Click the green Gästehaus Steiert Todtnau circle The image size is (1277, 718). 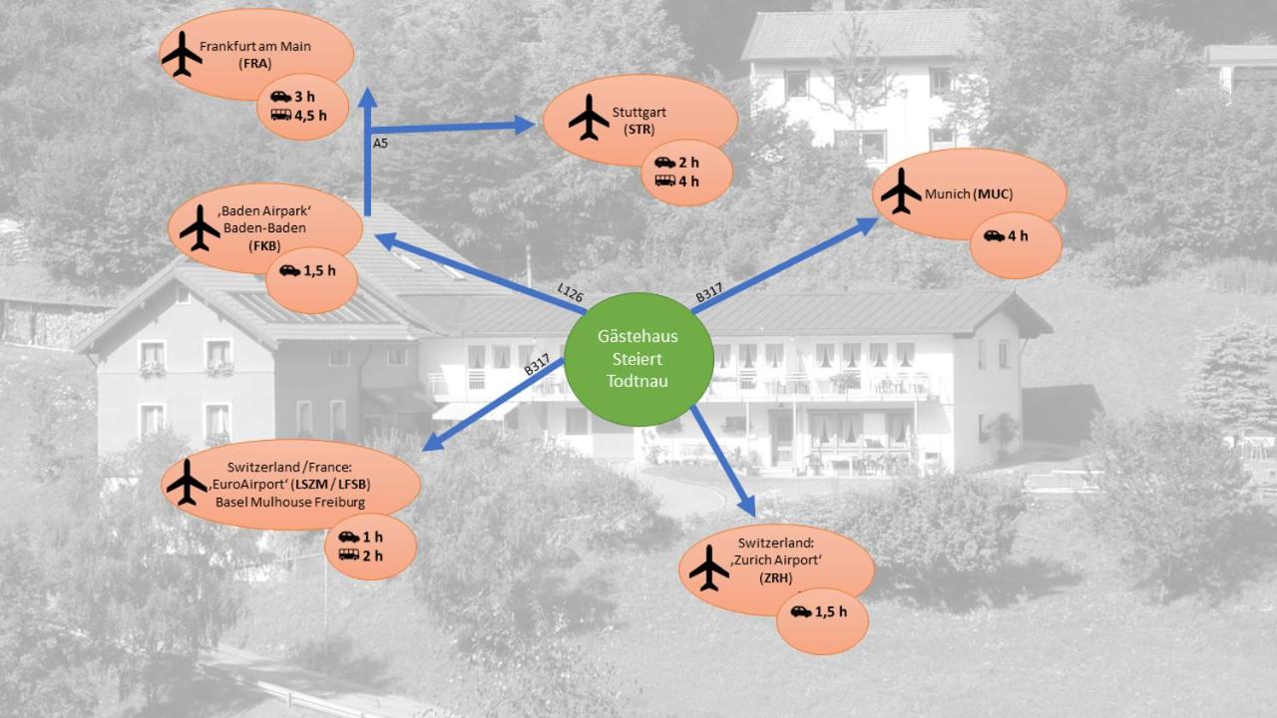(x=638, y=359)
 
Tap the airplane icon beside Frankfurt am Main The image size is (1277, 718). (x=182, y=54)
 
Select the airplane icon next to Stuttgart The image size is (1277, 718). (x=589, y=118)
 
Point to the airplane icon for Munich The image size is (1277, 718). (x=901, y=190)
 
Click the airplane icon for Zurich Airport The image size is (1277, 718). (x=709, y=567)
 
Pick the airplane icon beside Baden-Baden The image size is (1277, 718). (x=200, y=228)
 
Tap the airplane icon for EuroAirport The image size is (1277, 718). (x=187, y=482)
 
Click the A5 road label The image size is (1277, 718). (x=380, y=143)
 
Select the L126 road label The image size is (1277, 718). (x=570, y=293)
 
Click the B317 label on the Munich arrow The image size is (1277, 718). (x=709, y=293)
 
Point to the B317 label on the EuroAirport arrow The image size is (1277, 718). (x=537, y=365)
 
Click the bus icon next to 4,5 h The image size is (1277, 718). (x=281, y=115)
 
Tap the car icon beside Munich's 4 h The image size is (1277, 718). (x=995, y=236)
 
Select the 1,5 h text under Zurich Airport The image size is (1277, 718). (x=831, y=612)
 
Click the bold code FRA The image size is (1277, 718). (x=254, y=63)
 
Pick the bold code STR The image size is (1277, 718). (x=639, y=130)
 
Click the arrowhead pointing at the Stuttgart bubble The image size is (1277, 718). (x=525, y=125)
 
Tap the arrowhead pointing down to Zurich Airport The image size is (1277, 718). (x=747, y=506)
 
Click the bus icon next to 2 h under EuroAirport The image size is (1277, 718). (x=349, y=553)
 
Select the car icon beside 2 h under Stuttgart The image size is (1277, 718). (x=664, y=163)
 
